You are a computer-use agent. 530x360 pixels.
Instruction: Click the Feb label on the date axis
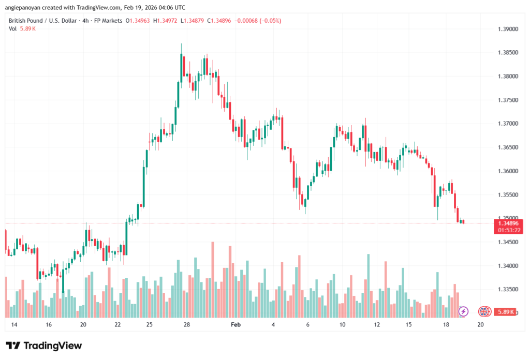(x=236, y=325)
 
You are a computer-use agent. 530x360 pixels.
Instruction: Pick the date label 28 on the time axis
(x=187, y=325)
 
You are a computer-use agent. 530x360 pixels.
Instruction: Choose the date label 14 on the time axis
(x=14, y=325)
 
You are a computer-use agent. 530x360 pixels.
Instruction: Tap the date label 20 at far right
(x=480, y=325)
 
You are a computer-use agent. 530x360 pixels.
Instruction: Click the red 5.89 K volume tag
(x=505, y=312)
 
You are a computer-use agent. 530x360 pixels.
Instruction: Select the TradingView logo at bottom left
(x=43, y=346)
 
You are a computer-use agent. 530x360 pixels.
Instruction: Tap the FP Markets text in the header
(x=107, y=21)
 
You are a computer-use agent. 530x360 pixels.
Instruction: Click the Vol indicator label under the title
(x=13, y=28)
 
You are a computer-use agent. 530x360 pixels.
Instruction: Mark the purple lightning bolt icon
(x=463, y=311)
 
